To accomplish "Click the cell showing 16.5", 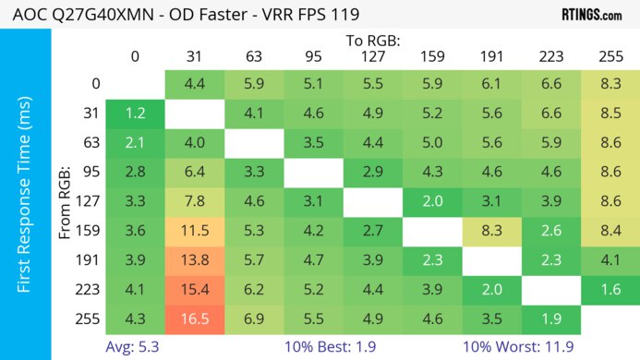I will coord(194,318).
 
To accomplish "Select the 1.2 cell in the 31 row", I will coord(135,114).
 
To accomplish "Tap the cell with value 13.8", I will coord(194,259).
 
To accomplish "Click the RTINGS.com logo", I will coord(592,15).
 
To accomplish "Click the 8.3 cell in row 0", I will coord(610,84).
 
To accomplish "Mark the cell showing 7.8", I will coord(194,201).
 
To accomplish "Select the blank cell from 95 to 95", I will coord(313,172).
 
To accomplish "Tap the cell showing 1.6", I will coord(610,289).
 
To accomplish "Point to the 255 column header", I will coord(610,56).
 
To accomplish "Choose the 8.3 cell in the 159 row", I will coord(491,231).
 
